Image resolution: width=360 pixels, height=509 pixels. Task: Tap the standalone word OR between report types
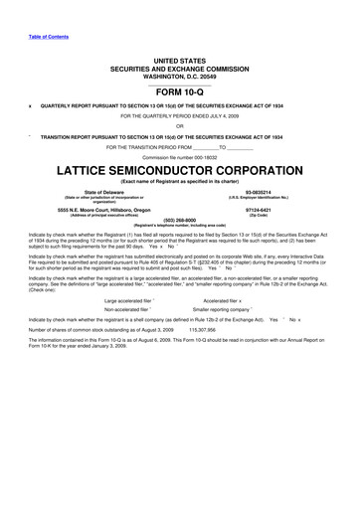(x=179, y=125)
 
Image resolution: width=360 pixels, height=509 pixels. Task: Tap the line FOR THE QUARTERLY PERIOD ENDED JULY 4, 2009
(x=179, y=115)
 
